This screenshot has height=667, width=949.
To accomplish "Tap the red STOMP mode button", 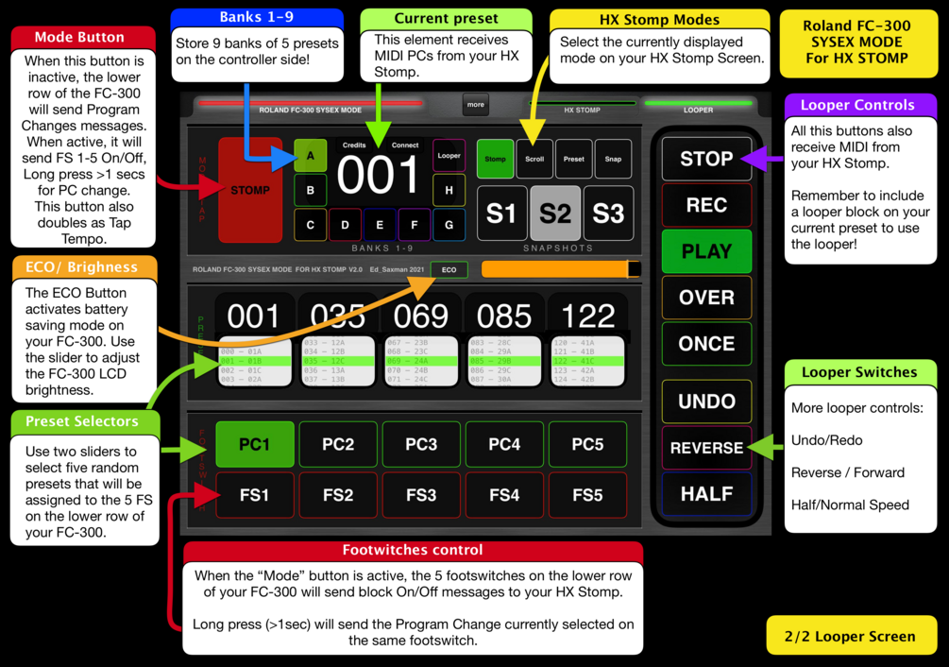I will coord(250,190).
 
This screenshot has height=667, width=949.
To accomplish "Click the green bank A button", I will coord(311,156).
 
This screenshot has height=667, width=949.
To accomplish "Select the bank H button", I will coord(449,190).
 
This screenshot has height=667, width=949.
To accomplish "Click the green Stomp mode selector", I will coord(495,159).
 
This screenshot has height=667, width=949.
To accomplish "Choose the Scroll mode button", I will coord(534,159).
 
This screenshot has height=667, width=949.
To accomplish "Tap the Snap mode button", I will coord(613,159).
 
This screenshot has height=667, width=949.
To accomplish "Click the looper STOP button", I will coord(706,159).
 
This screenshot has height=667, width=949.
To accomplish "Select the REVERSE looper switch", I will coord(706,448).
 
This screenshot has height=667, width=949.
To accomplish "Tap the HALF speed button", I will coord(706,493).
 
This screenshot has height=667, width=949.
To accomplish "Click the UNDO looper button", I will coord(706,402).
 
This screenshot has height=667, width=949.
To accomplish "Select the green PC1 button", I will coord(254,444).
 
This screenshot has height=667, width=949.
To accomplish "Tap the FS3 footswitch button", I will coord(421,494).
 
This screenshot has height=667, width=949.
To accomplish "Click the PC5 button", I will coord(587,444).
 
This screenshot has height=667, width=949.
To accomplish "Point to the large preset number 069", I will coord(421,315).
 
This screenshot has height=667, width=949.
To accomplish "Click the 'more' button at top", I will coord(476,105).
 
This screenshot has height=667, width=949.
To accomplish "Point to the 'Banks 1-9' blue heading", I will coord(257,17).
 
